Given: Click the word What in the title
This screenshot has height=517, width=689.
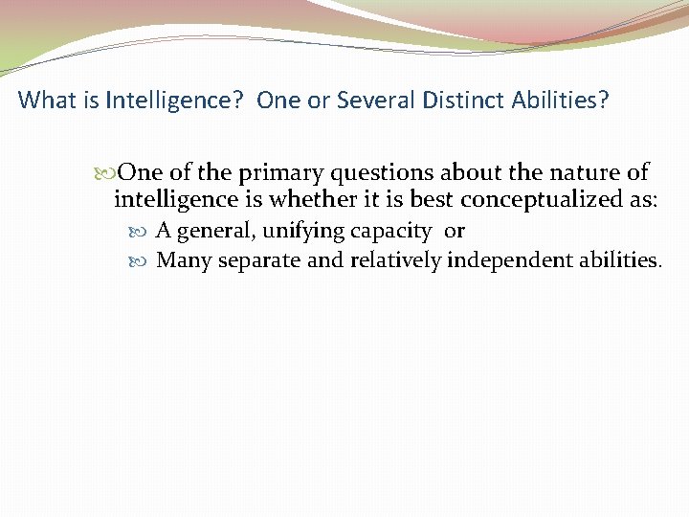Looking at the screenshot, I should pyautogui.click(x=43, y=100).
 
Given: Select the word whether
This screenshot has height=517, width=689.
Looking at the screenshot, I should pyautogui.click(x=310, y=200).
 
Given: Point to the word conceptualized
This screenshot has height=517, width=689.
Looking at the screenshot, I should pyautogui.click(x=557, y=200).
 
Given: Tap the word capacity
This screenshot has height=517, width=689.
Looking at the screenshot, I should pyautogui.click(x=392, y=231).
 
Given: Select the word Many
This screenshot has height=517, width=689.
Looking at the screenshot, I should pyautogui.click(x=184, y=260).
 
